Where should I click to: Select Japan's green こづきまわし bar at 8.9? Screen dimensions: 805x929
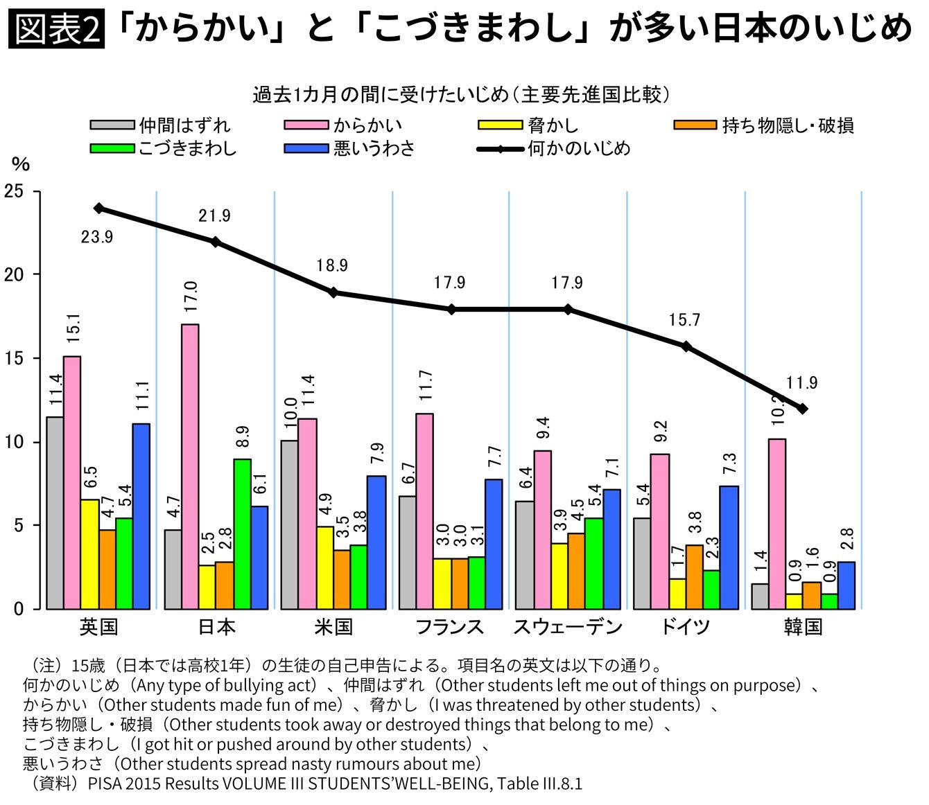(x=242, y=533)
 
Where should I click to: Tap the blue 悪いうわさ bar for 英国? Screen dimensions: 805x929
(x=141, y=516)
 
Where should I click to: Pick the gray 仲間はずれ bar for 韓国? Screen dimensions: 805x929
(x=759, y=596)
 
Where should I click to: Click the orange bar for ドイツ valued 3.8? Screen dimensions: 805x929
(x=695, y=576)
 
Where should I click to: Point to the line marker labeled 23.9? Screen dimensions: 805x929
(x=99, y=208)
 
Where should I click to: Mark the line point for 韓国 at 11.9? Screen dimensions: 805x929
(x=803, y=409)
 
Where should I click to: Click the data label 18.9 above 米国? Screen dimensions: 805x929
(x=332, y=265)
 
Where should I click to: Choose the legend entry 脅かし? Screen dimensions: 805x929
(x=553, y=125)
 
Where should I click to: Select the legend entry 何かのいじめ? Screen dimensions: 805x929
(x=579, y=148)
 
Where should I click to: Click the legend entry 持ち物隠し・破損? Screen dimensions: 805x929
(x=788, y=125)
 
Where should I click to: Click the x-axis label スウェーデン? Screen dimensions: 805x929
(x=568, y=628)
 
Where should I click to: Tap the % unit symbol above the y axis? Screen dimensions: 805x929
(x=21, y=164)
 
